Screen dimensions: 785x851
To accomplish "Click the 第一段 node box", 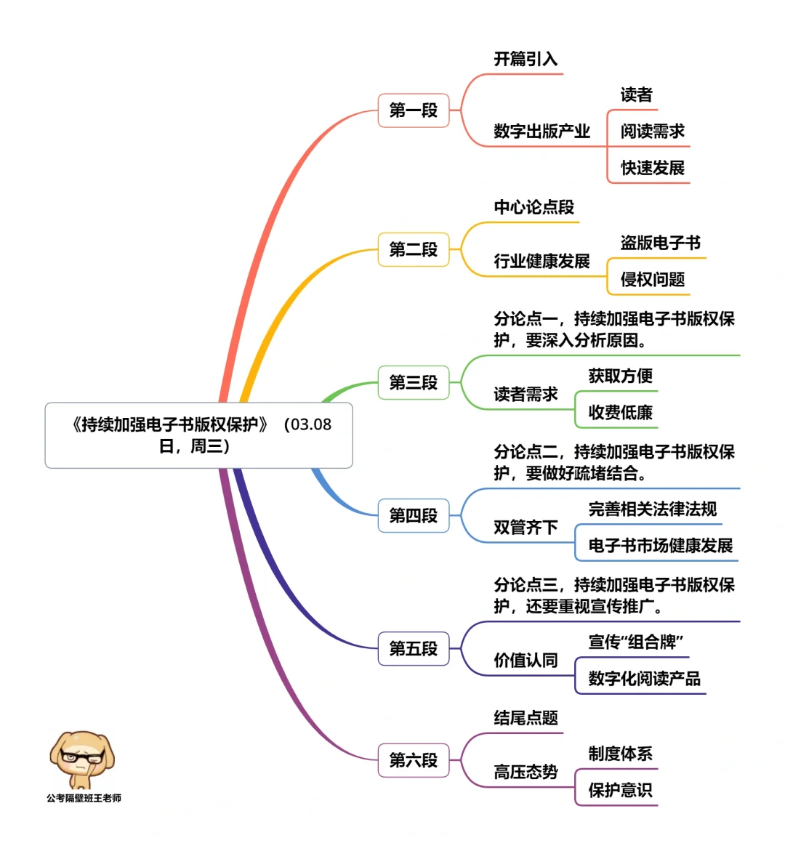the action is click(x=414, y=110).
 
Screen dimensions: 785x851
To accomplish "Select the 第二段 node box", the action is click(x=414, y=250).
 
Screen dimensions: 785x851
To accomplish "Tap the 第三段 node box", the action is click(x=414, y=383).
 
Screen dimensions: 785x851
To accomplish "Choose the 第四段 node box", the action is click(x=414, y=515).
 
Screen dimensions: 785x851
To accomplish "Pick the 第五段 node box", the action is click(x=414, y=648).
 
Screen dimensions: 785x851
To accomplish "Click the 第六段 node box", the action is click(x=414, y=760).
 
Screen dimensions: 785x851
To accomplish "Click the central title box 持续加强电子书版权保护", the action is click(x=198, y=435).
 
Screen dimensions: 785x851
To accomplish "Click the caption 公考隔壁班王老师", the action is click(x=84, y=798).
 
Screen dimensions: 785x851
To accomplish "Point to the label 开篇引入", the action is click(x=526, y=59).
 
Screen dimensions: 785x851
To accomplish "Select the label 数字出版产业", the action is click(x=542, y=132).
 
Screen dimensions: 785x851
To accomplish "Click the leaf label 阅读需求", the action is click(x=653, y=132).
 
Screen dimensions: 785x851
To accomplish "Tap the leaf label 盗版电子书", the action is click(x=661, y=243).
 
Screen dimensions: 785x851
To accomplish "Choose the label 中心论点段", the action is click(x=534, y=207).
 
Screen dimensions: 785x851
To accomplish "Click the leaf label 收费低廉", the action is click(x=621, y=413).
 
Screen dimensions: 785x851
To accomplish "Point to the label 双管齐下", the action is click(x=526, y=528).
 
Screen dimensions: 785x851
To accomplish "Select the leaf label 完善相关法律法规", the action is click(x=653, y=509).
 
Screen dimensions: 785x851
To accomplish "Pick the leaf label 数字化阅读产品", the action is click(x=645, y=679).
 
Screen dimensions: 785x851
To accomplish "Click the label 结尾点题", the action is click(x=526, y=718).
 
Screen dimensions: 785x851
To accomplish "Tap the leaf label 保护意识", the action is click(x=621, y=790).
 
